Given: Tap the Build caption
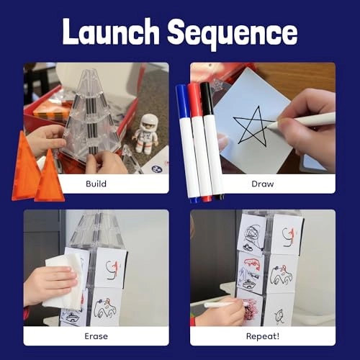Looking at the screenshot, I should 96,184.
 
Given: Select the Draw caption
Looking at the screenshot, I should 262,184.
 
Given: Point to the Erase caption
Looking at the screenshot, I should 96,336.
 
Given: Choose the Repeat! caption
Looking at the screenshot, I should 262,336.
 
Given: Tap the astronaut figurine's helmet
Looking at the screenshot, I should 148,122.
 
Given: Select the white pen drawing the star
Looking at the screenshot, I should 302,121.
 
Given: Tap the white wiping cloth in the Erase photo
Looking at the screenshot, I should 60,282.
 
